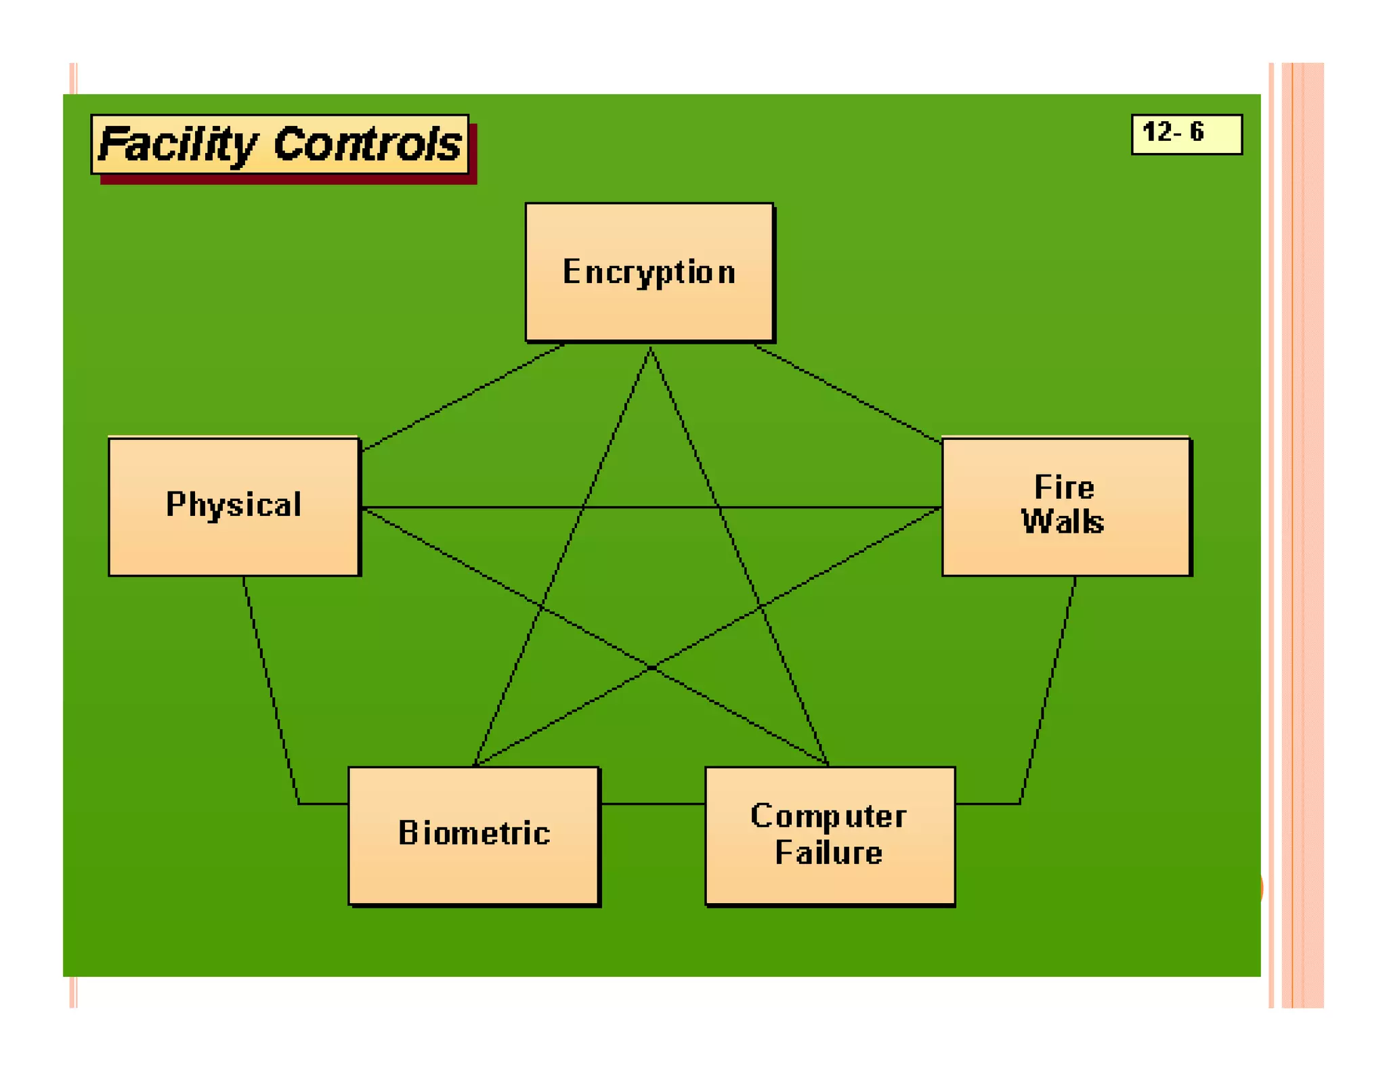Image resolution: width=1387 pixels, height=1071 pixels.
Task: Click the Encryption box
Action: [649, 271]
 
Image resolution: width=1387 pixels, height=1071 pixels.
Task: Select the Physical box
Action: [234, 506]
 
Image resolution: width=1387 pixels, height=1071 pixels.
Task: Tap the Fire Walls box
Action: [1065, 506]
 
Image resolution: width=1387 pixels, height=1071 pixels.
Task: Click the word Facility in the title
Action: [177, 144]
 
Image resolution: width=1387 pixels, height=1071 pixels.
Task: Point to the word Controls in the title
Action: [368, 144]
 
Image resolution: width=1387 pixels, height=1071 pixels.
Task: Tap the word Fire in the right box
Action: [1064, 487]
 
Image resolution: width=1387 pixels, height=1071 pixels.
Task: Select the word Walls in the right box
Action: [1063, 522]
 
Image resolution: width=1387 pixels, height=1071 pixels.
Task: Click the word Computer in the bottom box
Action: [828, 816]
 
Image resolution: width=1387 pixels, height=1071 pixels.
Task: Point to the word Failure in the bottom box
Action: [828, 853]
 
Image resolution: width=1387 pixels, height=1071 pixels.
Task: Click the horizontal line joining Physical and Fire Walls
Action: [650, 506]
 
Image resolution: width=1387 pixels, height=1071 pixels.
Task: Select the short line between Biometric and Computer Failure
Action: [652, 804]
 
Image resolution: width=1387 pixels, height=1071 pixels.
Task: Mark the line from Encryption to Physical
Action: [463, 397]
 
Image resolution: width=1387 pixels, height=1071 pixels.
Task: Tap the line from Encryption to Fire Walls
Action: [847, 393]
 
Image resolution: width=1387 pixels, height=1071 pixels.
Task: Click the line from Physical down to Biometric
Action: [271, 691]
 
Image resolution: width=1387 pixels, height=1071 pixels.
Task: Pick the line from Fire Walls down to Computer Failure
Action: [1048, 691]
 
